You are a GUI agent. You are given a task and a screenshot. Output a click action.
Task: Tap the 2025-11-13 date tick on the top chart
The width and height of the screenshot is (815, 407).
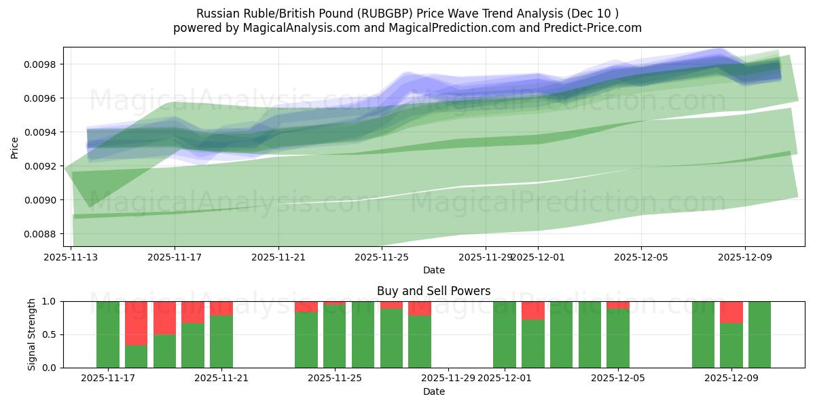coord(71,257)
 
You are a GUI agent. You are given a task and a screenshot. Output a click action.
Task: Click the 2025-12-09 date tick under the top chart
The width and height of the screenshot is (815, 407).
coord(745,257)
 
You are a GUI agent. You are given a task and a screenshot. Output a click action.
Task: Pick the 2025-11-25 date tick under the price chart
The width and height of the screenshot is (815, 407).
coord(382,257)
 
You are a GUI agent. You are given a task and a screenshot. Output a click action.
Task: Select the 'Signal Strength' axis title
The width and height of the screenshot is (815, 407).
coord(32,334)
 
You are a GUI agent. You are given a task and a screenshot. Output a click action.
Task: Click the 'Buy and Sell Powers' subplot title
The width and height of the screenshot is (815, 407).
coord(433,291)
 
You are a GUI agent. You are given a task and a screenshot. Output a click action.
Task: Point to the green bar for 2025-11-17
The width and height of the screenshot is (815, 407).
coord(108,334)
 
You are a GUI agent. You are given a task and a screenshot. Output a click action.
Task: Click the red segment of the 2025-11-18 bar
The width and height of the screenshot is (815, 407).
coord(136,323)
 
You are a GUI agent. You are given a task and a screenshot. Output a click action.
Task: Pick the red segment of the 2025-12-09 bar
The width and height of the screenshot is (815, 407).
coord(731,312)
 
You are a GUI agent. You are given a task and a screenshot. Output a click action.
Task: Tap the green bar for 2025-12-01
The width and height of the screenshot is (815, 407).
coord(505,334)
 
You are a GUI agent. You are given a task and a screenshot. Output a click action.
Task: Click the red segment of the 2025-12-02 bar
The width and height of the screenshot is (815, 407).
coord(533,310)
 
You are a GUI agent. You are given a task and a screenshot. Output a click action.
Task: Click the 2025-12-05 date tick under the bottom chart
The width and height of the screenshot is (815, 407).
coord(618,379)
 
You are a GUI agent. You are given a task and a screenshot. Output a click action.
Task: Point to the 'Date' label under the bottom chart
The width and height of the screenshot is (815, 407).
coord(433,391)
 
